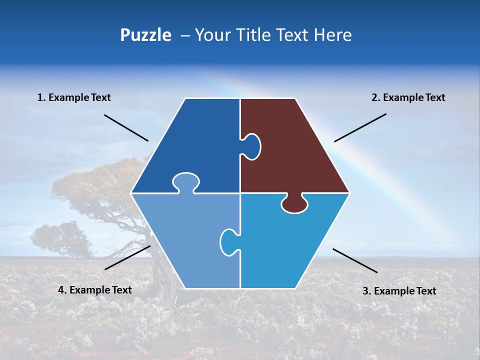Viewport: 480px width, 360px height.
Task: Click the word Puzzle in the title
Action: (145, 35)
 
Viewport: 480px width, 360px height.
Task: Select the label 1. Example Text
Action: (74, 98)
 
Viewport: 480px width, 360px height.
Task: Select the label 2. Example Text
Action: (408, 98)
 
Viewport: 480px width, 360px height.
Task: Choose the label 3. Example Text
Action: (399, 291)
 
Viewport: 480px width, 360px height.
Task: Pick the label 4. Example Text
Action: (95, 290)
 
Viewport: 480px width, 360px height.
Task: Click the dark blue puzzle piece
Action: (195, 145)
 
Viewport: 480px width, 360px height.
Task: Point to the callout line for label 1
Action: (126, 127)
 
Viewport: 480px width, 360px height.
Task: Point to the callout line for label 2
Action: (360, 127)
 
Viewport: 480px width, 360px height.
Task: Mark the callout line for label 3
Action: (355, 260)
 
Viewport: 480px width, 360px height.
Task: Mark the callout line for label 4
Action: (127, 257)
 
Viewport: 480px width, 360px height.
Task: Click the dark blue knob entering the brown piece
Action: (251, 146)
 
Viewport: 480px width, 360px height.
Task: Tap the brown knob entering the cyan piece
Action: (294, 204)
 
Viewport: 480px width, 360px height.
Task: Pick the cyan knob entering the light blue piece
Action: (228, 241)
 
